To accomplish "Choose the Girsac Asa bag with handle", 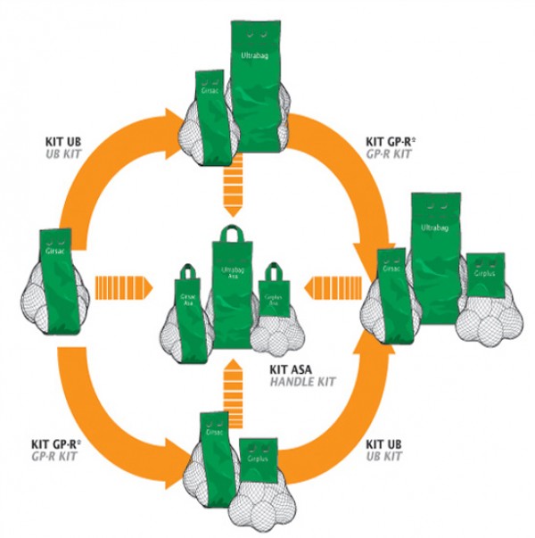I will [188, 303].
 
